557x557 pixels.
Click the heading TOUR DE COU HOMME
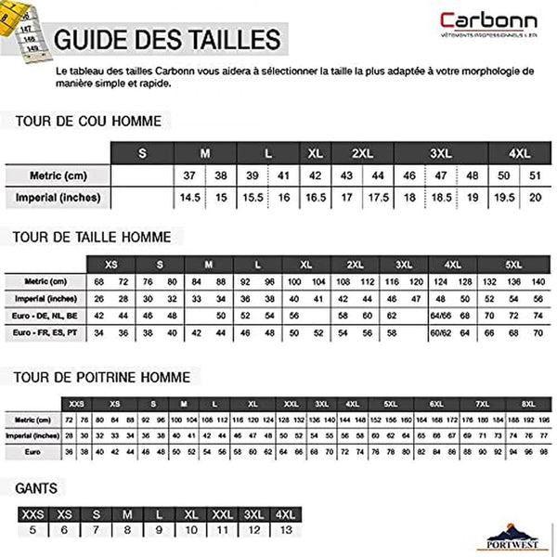coord(87,121)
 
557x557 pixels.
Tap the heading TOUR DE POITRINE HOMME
coord(101,378)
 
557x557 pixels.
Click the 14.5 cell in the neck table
coord(190,198)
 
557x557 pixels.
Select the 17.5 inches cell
coord(379,198)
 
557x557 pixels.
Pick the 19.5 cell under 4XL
coord(505,198)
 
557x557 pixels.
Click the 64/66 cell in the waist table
coord(440,316)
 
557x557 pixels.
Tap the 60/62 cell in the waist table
coord(440,332)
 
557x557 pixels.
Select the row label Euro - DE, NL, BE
coord(45,316)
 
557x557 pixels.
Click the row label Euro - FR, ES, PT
coord(45,332)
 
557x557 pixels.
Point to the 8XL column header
coord(525,404)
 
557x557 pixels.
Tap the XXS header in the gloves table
coord(32,513)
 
